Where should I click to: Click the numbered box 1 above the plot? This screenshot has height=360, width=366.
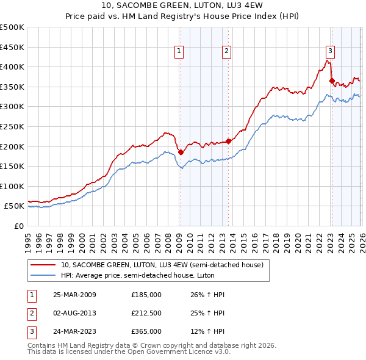pos(180,51)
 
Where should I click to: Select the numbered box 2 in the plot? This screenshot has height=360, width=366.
pos(226,51)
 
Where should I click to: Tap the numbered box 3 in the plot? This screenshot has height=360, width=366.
pos(330,51)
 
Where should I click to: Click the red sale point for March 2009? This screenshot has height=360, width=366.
pos(181,153)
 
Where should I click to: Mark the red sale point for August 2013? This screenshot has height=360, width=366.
pos(228,142)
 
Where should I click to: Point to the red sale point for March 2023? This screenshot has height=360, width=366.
pos(332,81)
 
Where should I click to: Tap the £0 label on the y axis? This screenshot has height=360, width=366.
pos(18,226)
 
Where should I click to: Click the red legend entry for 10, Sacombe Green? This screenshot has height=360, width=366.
pos(162,265)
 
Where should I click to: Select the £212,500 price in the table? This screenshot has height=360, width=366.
pos(146,313)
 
